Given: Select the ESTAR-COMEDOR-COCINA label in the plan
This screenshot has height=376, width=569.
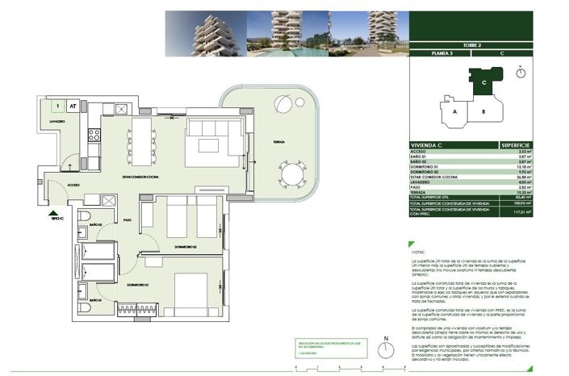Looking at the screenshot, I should click(x=139, y=176).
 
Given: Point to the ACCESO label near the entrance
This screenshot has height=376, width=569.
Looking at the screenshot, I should click(x=73, y=185).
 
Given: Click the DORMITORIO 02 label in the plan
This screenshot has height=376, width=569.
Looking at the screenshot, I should click(x=185, y=247).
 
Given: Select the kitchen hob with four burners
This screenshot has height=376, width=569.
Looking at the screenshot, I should click(x=94, y=135).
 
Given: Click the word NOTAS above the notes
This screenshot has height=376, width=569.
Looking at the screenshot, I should click(x=419, y=253).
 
